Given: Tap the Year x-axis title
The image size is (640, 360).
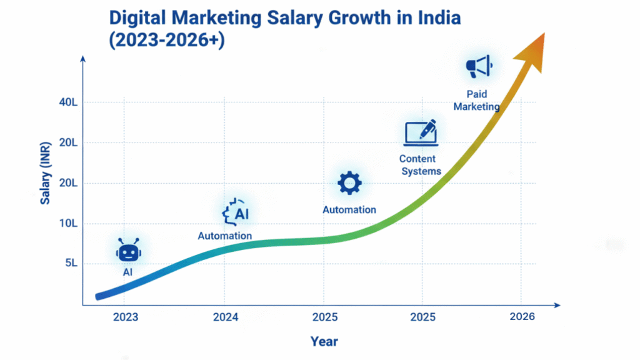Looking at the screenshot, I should click(324, 341).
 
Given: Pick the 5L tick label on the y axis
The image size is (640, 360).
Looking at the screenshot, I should click(71, 263).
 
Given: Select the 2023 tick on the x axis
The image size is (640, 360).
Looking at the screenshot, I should click(126, 317).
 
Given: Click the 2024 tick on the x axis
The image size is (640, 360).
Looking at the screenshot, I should click(225, 317).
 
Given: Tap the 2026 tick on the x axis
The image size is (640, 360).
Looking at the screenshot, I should click(522, 317).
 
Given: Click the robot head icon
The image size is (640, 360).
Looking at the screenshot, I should click(128, 252).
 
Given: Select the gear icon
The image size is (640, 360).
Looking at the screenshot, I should click(349, 183).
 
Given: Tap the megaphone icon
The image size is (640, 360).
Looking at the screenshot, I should click(479, 67).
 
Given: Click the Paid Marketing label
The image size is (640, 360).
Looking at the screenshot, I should click(476, 101).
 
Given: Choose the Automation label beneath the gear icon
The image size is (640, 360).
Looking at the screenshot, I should click(349, 210).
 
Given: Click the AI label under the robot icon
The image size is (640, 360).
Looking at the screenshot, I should click(127, 272).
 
